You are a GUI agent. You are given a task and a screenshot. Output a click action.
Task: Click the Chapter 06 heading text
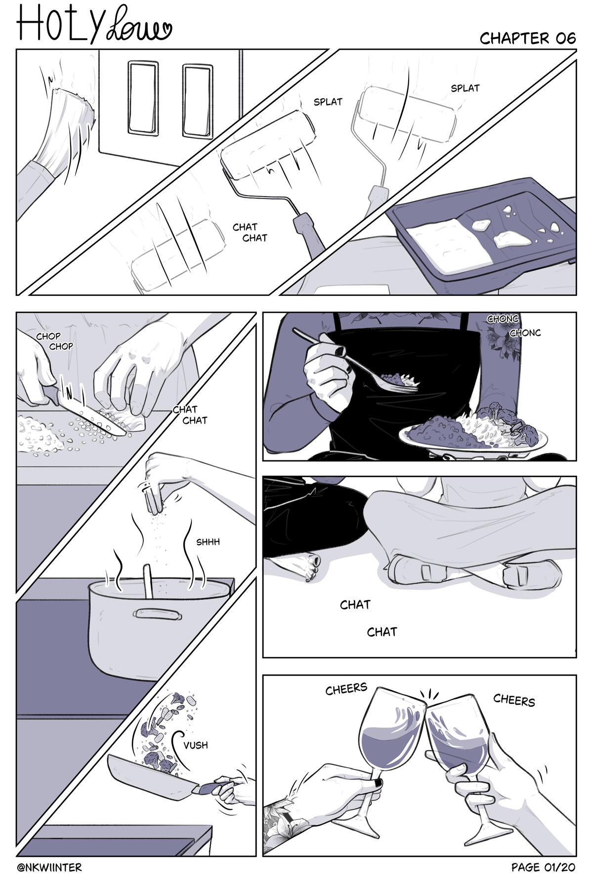(x=527, y=38)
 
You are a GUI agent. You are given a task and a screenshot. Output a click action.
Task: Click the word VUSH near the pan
(x=196, y=745)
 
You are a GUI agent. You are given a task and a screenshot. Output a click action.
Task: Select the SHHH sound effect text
(x=208, y=542)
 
